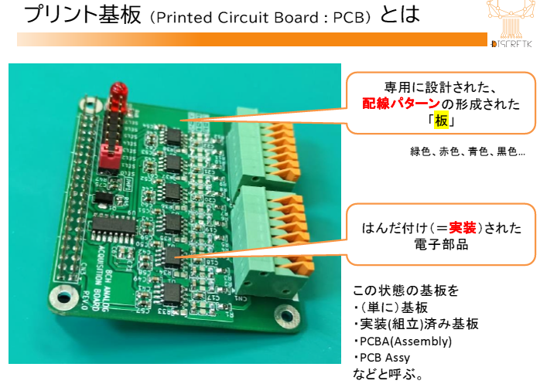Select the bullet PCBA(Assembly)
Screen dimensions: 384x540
[x=402, y=341]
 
